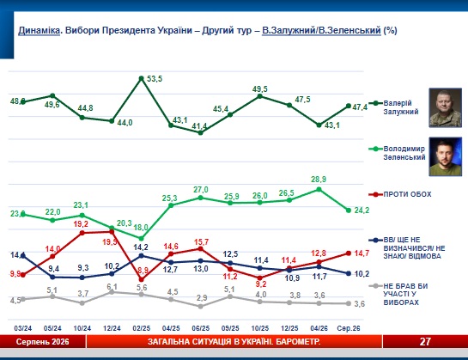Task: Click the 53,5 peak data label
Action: [x=155, y=79]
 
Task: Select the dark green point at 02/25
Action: [x=142, y=78]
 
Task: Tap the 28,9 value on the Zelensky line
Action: [x=319, y=180]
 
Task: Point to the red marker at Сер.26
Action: [x=349, y=253]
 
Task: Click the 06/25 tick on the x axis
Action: [x=201, y=328]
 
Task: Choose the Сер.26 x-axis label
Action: [x=349, y=328]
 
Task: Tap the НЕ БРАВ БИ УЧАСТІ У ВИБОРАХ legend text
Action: [x=405, y=295]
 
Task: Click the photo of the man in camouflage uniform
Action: [x=446, y=107]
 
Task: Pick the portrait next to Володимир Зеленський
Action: [x=446, y=156]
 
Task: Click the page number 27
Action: [x=425, y=341]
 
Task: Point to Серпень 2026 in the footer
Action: [x=42, y=341]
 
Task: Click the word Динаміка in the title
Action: [x=40, y=30]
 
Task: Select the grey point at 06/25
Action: [x=201, y=306]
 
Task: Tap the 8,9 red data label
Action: [x=143, y=271]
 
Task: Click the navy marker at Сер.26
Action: [x=349, y=273]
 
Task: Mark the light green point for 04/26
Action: [x=319, y=189]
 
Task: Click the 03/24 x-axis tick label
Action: [x=22, y=328]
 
